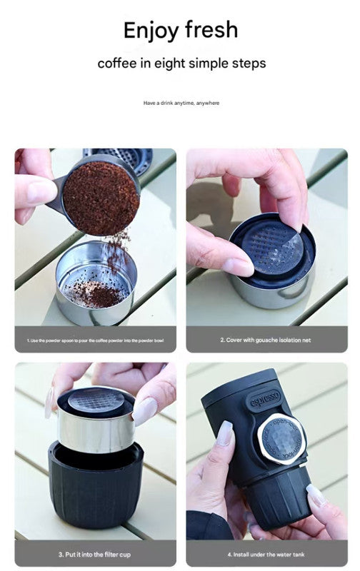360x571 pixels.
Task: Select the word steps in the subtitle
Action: click(247, 63)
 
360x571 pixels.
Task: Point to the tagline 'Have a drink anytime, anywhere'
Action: click(181, 103)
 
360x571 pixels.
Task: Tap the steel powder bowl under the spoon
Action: click(95, 285)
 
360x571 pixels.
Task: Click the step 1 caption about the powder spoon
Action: click(95, 340)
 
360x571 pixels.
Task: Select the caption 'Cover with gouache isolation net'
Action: click(265, 340)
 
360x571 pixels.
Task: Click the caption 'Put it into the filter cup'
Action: click(95, 554)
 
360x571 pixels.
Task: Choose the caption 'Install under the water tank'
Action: click(265, 554)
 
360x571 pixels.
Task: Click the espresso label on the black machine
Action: click(265, 399)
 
